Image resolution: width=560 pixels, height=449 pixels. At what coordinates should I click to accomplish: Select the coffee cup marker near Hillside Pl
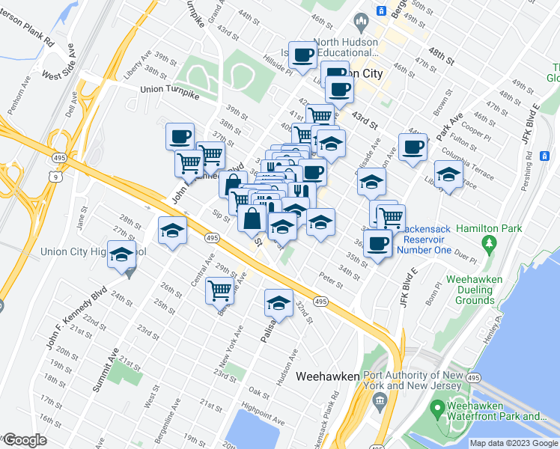pyautogui.click(x=303, y=55)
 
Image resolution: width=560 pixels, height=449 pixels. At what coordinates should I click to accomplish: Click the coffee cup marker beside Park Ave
pyautogui.click(x=412, y=147)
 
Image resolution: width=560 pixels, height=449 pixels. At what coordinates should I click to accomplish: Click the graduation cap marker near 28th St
pyautogui.click(x=172, y=231)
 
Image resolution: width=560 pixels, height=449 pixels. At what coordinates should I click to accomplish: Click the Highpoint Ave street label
pyautogui.click(x=259, y=412)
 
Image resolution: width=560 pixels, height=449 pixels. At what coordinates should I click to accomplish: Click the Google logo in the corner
pyautogui.click(x=24, y=441)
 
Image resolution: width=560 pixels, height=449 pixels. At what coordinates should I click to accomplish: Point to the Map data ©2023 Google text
pyautogui.click(x=513, y=443)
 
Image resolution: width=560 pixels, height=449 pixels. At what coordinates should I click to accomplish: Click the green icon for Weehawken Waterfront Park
pyautogui.click(x=437, y=409)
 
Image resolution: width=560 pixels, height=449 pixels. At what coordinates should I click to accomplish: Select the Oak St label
pyautogui.click(x=259, y=393)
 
